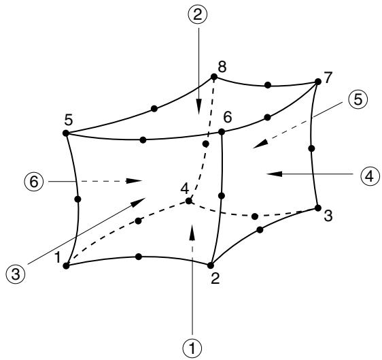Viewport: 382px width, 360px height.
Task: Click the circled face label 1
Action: coord(192,348)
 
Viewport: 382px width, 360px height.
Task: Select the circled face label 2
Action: coord(198,15)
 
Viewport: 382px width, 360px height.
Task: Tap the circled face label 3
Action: coord(16,274)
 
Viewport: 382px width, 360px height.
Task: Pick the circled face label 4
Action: coord(370,176)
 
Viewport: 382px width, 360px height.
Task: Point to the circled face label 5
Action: coord(358,100)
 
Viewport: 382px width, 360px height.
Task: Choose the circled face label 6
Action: coord(34,182)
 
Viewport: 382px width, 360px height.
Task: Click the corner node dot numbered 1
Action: coord(66,265)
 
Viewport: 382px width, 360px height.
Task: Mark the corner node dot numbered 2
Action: coord(211,265)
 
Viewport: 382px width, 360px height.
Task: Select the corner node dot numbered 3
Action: coord(318,208)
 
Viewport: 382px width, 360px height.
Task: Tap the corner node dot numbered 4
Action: coord(189,201)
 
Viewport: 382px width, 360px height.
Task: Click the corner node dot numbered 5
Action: coord(66,133)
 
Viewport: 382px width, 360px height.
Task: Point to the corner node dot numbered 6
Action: coord(222,132)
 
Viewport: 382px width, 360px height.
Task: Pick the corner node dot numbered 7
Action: coord(318,82)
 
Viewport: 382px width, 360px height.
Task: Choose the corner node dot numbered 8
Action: coord(214,77)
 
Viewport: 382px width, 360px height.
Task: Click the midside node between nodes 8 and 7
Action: coord(268,85)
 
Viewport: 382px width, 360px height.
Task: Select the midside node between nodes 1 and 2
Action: coord(139,257)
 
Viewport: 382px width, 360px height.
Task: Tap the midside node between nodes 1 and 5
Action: coord(77,199)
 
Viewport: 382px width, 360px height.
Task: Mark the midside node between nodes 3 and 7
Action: coord(311,148)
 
